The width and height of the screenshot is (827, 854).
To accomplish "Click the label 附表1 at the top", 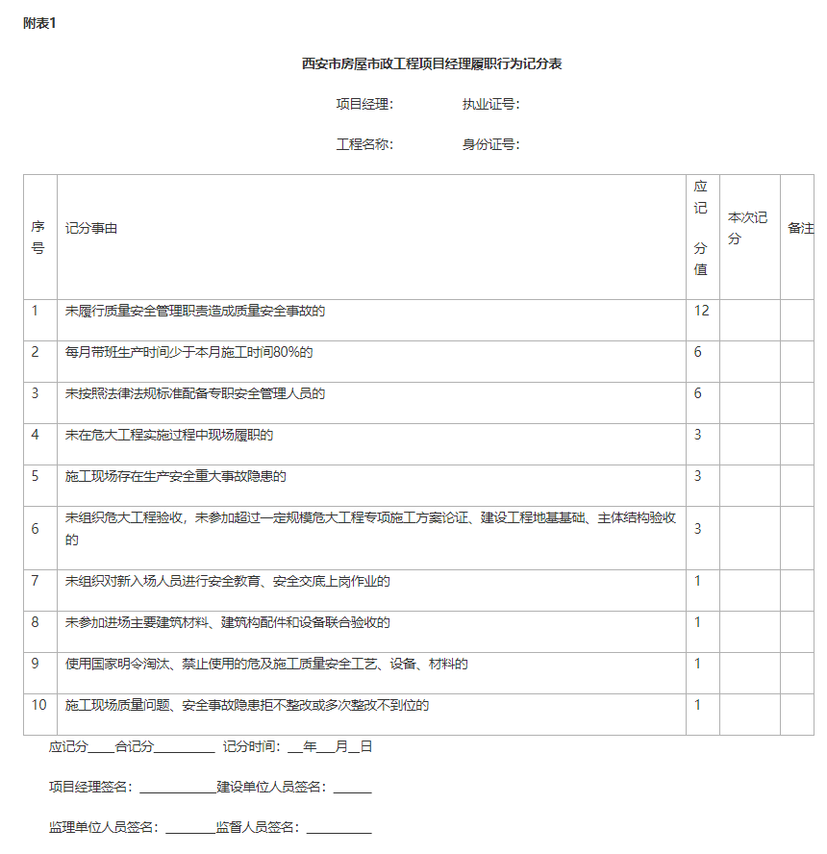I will (39, 23).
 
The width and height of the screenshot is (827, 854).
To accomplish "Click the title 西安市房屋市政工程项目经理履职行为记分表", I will (432, 64).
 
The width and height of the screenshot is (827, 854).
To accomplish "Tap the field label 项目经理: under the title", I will (364, 104).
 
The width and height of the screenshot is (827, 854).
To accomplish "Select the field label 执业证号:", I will (490, 104).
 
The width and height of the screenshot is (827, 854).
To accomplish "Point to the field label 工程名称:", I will (364, 144).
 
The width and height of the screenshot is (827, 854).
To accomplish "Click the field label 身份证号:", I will (490, 144).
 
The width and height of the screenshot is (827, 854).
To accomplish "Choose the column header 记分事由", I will (91, 229).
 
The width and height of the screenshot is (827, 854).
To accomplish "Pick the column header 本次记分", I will (748, 228).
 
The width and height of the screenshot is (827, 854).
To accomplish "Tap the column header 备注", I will (800, 229).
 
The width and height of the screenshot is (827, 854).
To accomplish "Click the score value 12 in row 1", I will (701, 311).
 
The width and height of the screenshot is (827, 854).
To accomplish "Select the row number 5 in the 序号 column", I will (35, 476).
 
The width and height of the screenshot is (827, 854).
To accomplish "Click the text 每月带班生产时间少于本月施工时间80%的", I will (188, 352).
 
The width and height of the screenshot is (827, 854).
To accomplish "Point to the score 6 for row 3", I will (698, 393).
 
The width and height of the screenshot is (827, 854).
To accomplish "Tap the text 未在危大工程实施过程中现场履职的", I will (169, 435).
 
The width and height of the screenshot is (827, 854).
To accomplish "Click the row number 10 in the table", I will (38, 705).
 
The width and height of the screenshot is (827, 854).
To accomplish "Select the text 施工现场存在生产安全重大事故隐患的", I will (176, 476).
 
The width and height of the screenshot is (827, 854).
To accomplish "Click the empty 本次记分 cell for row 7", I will (749, 590).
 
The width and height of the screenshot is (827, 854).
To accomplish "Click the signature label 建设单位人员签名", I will (272, 787).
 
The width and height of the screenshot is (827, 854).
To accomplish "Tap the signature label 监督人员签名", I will (257, 827).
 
